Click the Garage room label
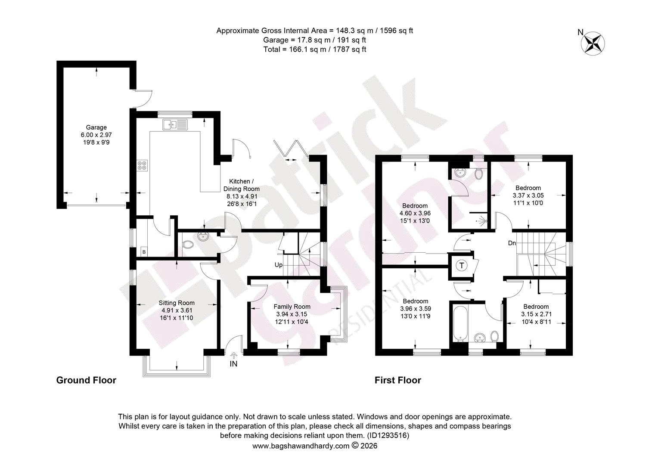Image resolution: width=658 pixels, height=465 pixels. (x=96, y=127)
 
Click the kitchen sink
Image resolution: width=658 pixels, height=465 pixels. (x=175, y=124)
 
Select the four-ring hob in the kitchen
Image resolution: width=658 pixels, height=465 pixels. (x=142, y=166)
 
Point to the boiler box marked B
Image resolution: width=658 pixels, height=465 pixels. (x=144, y=252)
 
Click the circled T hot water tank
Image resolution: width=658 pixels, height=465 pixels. (x=462, y=266)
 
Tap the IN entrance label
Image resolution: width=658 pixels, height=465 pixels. (x=233, y=364)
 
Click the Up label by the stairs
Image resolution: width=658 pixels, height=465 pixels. (x=279, y=265)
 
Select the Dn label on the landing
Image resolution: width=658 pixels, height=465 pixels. (x=512, y=243)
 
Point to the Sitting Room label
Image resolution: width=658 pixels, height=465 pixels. (x=177, y=303)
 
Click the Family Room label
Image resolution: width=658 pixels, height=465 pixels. (x=292, y=307)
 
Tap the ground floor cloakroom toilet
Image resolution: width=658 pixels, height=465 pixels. (x=188, y=245)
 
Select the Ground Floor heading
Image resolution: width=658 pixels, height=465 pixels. (x=87, y=381)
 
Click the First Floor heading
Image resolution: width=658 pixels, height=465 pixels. (x=398, y=381)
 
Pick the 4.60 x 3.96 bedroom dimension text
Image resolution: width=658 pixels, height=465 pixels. (x=415, y=213)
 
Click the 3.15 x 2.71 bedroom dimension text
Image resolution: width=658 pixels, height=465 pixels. (x=536, y=314)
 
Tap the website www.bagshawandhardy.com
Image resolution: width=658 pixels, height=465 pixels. (x=301, y=446)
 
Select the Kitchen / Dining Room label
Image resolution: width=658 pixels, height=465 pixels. (x=242, y=185)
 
